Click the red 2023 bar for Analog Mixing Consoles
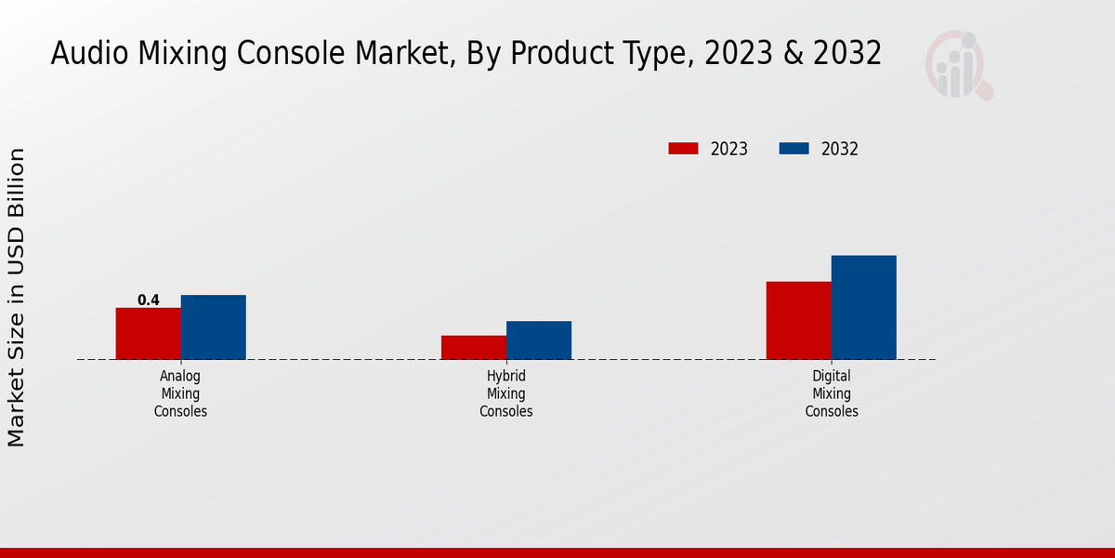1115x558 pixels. [148, 333]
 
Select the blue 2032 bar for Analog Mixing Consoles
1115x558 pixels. [213, 326]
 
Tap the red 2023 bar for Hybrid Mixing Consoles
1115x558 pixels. [474, 347]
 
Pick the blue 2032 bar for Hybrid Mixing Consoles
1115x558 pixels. [539, 339]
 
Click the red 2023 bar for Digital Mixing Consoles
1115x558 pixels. [798, 320]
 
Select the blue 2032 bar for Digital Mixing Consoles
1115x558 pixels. [863, 307]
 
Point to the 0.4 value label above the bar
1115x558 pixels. [149, 299]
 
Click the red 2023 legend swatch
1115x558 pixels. [683, 149]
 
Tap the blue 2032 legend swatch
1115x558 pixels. [794, 149]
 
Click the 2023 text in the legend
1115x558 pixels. [729, 149]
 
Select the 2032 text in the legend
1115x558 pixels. [840, 149]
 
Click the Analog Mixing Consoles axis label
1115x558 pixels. [180, 393]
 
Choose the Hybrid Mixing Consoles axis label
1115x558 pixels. [506, 393]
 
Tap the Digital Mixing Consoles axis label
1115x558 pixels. [832, 393]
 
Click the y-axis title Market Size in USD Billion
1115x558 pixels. [18, 298]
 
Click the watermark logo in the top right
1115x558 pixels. [958, 65]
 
